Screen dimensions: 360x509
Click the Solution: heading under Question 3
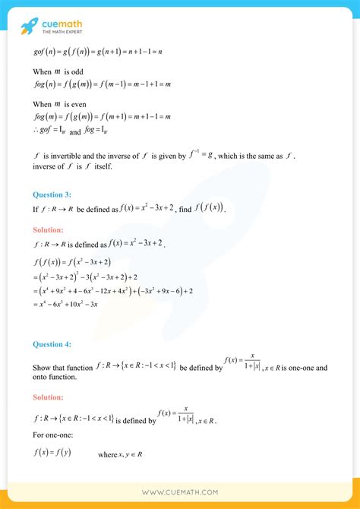point(49,229)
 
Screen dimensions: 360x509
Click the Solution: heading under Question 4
point(49,397)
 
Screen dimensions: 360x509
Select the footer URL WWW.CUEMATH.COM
point(180,492)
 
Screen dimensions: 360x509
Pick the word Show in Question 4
point(42,368)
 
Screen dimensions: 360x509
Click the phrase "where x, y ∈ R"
point(121,454)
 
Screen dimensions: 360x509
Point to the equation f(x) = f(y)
point(52,454)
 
